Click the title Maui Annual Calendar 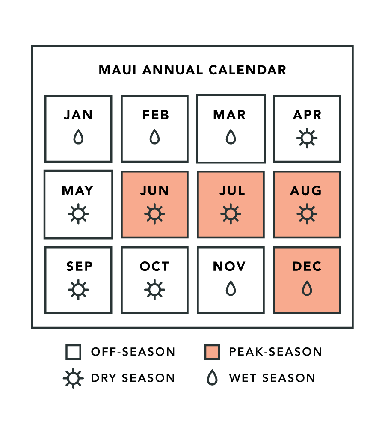192,70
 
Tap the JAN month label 78,115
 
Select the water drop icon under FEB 155,136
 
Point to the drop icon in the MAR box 231,136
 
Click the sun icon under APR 307,138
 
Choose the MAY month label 77,190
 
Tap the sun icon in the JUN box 155,214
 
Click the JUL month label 232,190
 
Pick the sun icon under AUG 307,214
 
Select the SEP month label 80,266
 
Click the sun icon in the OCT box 155,290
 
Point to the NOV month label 229,266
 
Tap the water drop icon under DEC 307,288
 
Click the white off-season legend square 74,352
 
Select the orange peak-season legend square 212,352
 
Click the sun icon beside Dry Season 73,379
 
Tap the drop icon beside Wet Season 212,378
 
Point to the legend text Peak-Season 275,352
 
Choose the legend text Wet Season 272,378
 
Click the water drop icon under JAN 78,136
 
